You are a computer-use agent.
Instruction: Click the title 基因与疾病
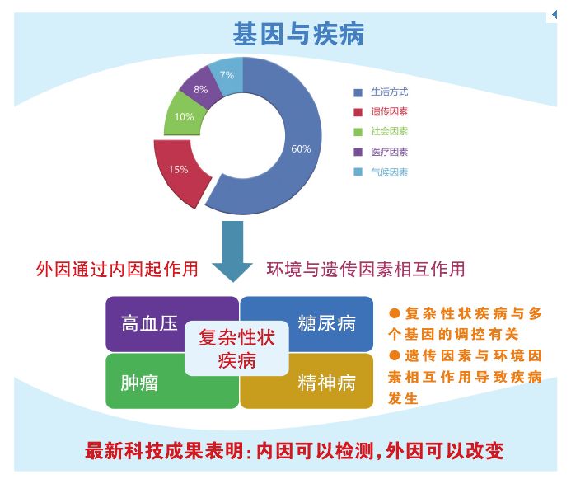pos(298,34)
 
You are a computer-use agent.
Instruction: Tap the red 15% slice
pos(179,170)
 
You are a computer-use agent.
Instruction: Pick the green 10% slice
pos(184,116)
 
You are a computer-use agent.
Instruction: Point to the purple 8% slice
pos(200,89)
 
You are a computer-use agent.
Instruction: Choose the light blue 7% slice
pos(227,75)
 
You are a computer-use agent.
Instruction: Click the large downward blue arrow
pos(232,251)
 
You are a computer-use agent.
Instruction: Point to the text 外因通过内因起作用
pos(117,270)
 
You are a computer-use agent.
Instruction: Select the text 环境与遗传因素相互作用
pos(366,270)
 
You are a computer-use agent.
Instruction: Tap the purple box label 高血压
pos(149,323)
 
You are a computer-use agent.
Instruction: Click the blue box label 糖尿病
pos(326,323)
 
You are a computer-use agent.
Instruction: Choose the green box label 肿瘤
pos(139,383)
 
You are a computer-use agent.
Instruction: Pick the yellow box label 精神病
pos(326,383)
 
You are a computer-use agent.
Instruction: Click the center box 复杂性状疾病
pos(236,349)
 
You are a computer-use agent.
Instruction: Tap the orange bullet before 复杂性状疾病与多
pos(395,313)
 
